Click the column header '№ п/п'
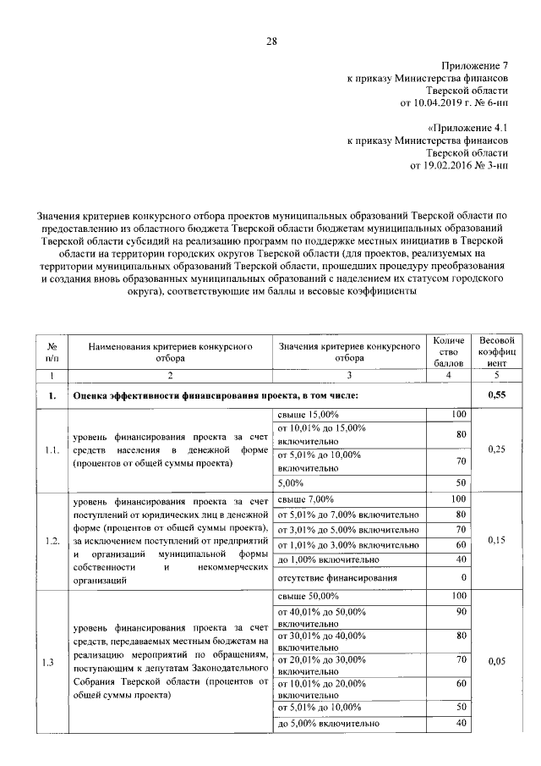click(x=52, y=352)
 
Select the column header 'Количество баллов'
click(x=449, y=351)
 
